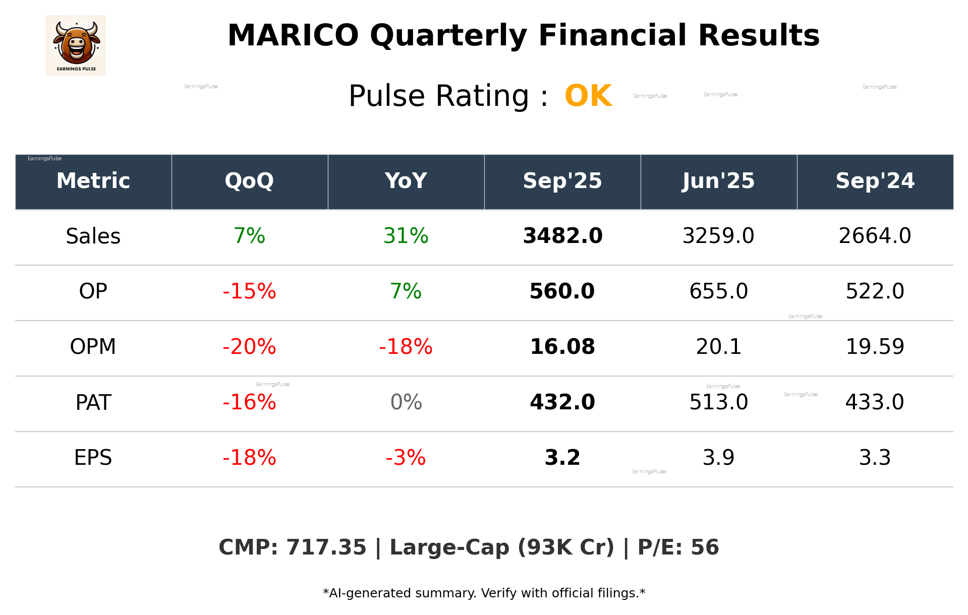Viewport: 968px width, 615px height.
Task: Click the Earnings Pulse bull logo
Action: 76,45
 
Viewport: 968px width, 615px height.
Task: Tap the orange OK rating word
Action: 588,96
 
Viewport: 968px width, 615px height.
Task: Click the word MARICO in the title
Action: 293,36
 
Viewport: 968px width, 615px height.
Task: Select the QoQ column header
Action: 249,181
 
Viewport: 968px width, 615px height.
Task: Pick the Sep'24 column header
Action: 875,181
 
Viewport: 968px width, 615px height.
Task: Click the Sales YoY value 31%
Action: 406,236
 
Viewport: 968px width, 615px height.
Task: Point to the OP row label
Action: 93,291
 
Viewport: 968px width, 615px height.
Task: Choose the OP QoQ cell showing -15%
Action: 249,291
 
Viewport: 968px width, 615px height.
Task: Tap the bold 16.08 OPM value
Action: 562,347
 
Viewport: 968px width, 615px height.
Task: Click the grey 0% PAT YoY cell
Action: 406,402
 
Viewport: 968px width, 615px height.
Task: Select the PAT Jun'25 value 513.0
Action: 718,402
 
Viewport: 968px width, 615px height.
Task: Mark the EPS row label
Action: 93,458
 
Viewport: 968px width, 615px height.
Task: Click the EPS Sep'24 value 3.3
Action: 875,458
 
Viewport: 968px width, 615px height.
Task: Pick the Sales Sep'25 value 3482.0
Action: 562,236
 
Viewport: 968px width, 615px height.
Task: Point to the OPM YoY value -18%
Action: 406,347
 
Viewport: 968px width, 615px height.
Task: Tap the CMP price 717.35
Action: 326,547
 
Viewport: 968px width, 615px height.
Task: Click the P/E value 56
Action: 704,547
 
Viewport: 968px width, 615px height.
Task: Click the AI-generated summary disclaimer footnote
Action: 484,593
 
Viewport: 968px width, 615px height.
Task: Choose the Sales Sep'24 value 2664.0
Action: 875,236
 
